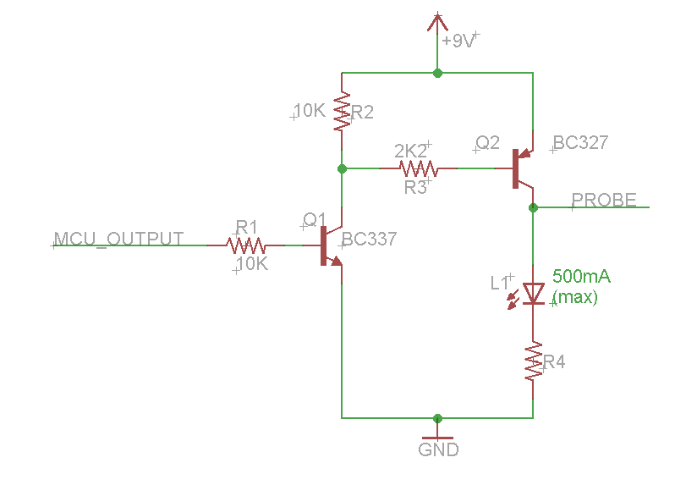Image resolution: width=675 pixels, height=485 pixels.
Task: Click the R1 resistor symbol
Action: (x=245, y=245)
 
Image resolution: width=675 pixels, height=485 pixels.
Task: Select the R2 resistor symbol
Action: (x=342, y=113)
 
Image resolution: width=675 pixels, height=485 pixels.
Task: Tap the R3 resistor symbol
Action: (x=414, y=168)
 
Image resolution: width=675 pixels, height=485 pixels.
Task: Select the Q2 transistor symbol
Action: (x=521, y=168)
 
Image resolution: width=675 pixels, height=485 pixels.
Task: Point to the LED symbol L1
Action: (x=533, y=293)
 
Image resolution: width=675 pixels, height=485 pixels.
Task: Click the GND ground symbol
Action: (x=437, y=433)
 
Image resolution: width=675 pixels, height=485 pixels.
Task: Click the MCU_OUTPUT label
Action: (x=118, y=239)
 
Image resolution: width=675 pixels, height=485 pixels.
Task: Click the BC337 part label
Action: (x=370, y=240)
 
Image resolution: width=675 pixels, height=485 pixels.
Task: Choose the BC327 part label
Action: (x=580, y=143)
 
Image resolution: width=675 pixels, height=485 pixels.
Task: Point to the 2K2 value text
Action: (x=412, y=151)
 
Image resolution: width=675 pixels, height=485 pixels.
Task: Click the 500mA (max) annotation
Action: (x=580, y=287)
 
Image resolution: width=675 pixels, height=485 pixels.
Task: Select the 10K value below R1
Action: (x=251, y=264)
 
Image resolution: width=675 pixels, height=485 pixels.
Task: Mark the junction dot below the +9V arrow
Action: (x=437, y=73)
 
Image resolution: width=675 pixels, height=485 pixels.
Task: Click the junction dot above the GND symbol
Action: (x=437, y=418)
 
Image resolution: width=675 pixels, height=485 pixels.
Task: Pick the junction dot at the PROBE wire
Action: (x=533, y=207)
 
